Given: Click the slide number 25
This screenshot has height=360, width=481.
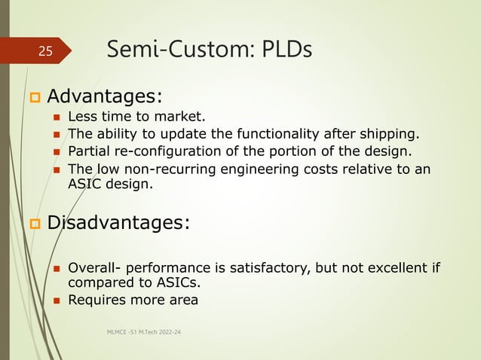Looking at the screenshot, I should tap(46, 52).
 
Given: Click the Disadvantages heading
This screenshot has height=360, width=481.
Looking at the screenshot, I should tap(119, 223).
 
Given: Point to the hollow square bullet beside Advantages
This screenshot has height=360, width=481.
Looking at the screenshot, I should tap(33, 98).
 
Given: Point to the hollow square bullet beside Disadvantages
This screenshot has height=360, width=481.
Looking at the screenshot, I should tap(33, 224).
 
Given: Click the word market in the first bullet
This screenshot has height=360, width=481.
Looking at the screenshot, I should tap(181, 117).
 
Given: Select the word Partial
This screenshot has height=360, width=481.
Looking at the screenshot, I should tap(89, 151).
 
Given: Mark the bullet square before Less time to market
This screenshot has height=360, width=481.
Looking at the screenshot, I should tap(56, 117).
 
